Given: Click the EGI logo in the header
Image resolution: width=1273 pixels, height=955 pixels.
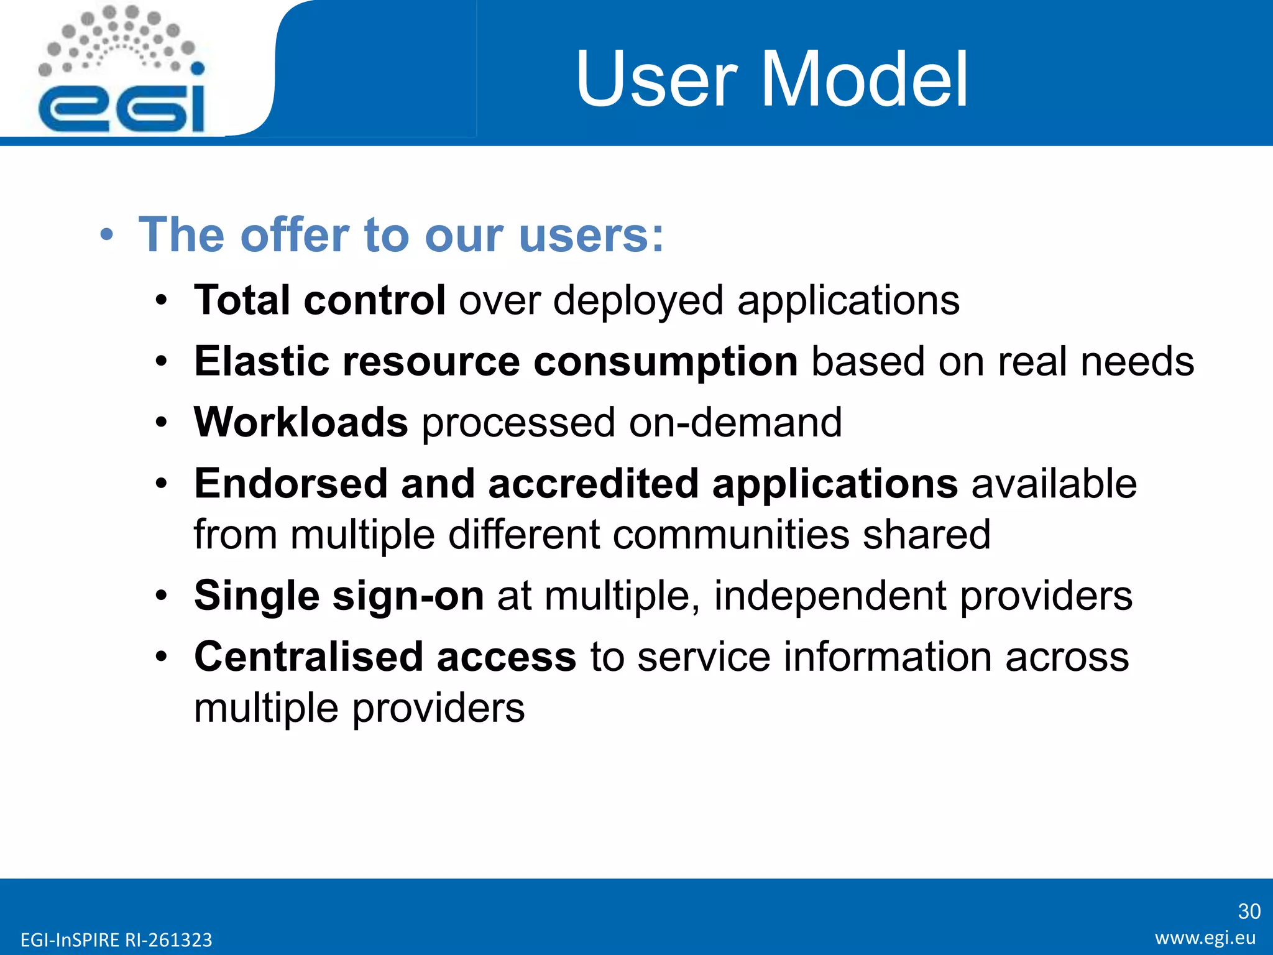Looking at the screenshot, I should coord(122,72).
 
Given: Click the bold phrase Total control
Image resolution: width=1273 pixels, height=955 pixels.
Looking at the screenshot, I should coord(319,300).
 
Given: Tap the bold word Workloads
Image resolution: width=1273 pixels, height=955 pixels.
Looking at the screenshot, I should coord(301,422).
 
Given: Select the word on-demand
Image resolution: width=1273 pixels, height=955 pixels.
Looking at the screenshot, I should coord(735,422).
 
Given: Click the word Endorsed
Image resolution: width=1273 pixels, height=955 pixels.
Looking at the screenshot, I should coord(290,484).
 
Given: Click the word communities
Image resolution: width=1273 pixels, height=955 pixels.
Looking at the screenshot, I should coord(730,535).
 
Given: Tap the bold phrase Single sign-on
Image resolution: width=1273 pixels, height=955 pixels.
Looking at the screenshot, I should coord(339,596).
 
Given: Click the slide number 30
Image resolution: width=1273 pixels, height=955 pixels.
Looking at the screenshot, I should coord(1249,911).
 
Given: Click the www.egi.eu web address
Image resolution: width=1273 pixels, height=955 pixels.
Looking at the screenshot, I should coord(1205,938).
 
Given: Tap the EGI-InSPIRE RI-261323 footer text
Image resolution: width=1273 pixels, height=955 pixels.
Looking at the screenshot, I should coord(116,939).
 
